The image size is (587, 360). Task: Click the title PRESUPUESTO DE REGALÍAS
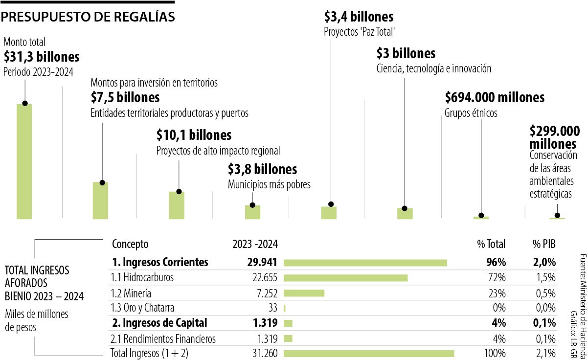point(88,17)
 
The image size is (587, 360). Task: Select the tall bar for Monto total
point(24,161)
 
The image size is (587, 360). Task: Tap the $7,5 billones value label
point(125,97)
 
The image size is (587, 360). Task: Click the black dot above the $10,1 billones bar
point(179,191)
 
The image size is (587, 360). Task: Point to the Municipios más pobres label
point(269,185)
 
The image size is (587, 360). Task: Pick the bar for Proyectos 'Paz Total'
point(329,212)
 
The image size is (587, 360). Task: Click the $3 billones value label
point(406,53)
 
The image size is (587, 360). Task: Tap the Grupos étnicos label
point(471,113)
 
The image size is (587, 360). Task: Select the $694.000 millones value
point(495,97)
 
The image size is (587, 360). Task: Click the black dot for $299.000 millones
point(557,215)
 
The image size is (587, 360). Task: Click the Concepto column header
point(130,244)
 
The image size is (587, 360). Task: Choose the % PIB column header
point(544,244)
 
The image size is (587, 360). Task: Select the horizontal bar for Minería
point(304,293)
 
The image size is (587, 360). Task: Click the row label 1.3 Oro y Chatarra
point(143,308)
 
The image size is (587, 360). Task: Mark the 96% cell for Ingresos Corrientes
point(496,262)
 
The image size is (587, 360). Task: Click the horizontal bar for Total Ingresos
point(369,353)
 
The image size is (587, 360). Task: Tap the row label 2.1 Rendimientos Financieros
point(164,338)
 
